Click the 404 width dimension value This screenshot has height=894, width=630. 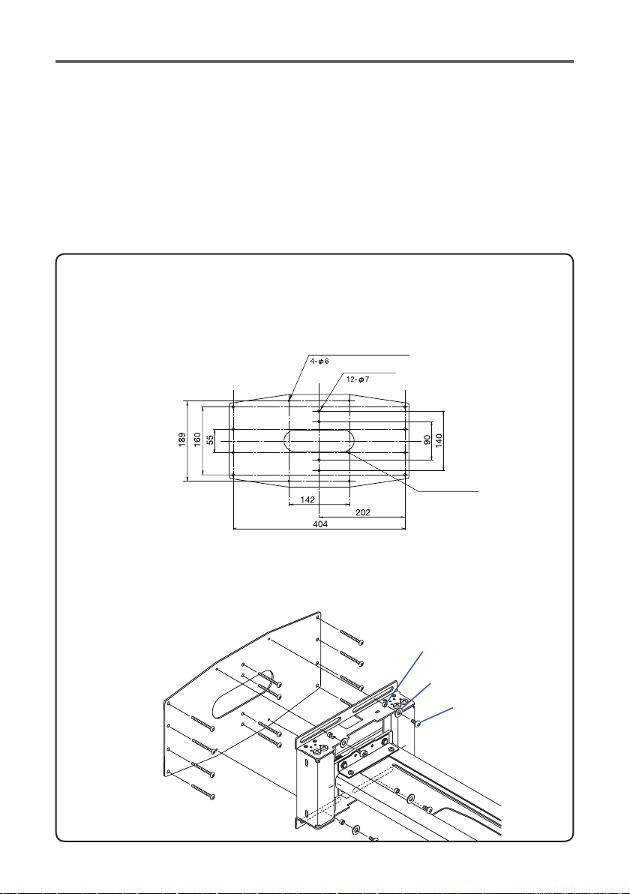pyautogui.click(x=320, y=524)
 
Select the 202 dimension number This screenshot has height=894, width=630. pyautogui.click(x=362, y=512)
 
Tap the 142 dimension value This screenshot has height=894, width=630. pyautogui.click(x=307, y=499)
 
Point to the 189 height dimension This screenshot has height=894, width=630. pyautogui.click(x=181, y=439)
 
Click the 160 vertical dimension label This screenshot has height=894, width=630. pyautogui.click(x=196, y=439)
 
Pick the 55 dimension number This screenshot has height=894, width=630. pyautogui.click(x=211, y=440)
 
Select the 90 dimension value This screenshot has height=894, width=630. pyautogui.click(x=427, y=440)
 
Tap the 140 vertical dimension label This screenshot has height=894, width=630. pyautogui.click(x=439, y=440)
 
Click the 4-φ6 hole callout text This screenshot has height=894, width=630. pyautogui.click(x=319, y=361)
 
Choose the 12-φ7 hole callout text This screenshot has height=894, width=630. pyautogui.click(x=358, y=379)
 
